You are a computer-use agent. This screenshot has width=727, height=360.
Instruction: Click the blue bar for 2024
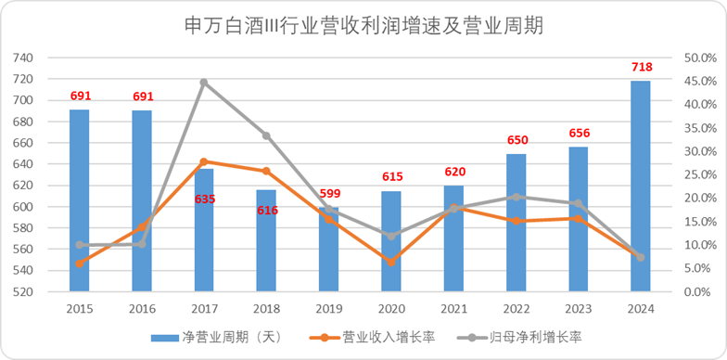coord(641,186)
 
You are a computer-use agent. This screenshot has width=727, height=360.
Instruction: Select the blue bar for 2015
coord(80,200)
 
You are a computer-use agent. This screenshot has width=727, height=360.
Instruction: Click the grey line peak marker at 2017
coord(204,83)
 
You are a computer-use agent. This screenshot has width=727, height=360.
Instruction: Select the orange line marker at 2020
coord(391,263)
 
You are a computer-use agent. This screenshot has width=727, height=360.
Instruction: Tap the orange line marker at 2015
coord(80,264)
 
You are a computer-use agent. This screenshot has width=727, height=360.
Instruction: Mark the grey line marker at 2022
coord(517,197)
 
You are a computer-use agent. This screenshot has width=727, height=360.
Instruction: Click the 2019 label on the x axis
coord(329,308)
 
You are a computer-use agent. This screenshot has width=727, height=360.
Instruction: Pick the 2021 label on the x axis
coord(454,308)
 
